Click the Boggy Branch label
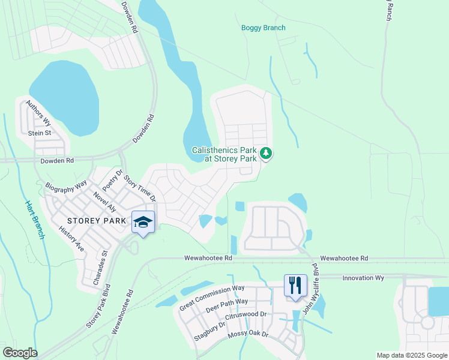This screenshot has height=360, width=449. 263,28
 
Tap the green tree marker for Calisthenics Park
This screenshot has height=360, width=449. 267,154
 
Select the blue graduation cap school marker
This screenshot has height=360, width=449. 143,223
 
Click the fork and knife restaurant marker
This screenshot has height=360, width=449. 295,286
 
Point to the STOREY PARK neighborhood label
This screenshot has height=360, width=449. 97,221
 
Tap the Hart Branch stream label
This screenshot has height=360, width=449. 35,220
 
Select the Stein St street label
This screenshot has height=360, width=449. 40,133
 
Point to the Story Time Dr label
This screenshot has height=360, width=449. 140,188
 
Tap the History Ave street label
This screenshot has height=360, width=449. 71,239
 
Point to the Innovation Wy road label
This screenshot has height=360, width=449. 363,278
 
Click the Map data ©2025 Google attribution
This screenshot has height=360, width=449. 412,355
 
